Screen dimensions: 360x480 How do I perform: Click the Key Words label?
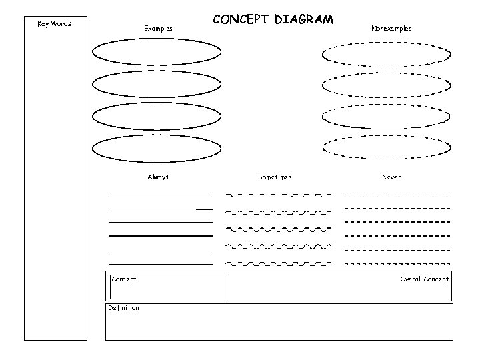[54, 25]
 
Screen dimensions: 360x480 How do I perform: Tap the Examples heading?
[158, 29]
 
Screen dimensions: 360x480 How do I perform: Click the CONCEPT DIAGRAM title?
[273, 21]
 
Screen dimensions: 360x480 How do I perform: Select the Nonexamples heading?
[391, 29]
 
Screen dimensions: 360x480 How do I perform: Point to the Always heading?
[158, 177]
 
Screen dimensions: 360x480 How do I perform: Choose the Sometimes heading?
[275, 177]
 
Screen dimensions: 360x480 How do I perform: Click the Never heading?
[391, 177]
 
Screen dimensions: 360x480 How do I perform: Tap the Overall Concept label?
[425, 279]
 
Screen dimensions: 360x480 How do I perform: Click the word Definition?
[124, 308]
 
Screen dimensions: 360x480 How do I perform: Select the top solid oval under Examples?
[157, 51]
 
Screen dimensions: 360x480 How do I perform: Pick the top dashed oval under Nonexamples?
[386, 53]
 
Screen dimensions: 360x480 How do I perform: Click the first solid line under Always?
[160, 195]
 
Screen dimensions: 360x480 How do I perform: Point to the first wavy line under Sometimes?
[278, 195]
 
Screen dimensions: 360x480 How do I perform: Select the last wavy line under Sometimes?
[278, 263]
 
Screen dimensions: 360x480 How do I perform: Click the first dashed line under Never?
[397, 195]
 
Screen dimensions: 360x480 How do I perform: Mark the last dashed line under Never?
[397, 264]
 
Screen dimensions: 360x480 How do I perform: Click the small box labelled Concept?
[167, 287]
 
